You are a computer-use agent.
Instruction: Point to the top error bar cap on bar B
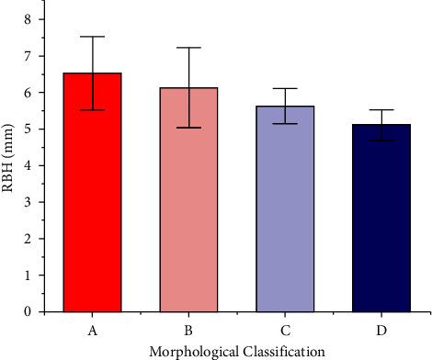tap(188, 48)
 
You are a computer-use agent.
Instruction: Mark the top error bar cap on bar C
tap(285, 88)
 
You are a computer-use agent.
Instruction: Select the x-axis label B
tap(188, 328)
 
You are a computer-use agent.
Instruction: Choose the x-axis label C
tap(285, 328)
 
